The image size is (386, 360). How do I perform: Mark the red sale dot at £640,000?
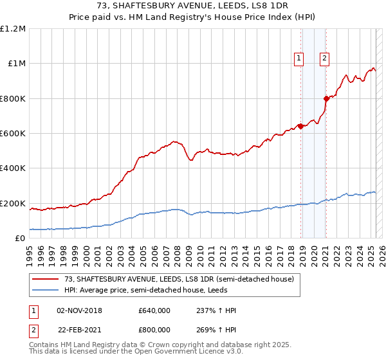tap(300, 126)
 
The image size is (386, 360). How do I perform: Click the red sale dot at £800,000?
tap(326, 98)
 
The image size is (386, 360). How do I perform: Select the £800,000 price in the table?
tap(154, 329)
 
